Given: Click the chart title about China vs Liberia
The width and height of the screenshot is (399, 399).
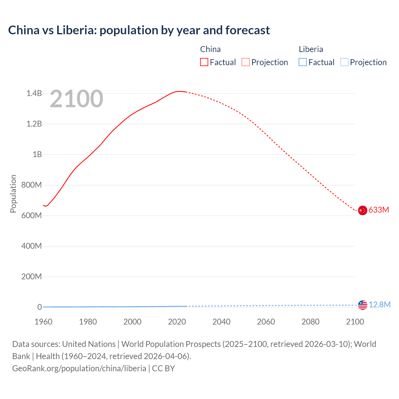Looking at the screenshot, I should (139, 30).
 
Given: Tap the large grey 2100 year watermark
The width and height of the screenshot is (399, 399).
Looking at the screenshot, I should (76, 99).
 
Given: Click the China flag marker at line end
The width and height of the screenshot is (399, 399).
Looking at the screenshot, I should (362, 210).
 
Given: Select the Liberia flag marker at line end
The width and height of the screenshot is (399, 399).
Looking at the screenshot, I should (363, 305).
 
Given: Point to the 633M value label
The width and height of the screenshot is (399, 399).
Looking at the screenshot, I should (379, 210).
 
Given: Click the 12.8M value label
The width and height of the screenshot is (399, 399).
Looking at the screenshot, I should (380, 305).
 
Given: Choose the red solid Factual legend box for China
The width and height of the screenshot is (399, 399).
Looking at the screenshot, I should (204, 62).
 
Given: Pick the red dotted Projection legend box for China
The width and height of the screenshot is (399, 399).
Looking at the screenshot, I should (246, 62).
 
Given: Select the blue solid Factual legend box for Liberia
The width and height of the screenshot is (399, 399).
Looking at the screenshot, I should (303, 62).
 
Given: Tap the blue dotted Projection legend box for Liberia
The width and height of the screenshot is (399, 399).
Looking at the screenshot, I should (344, 62).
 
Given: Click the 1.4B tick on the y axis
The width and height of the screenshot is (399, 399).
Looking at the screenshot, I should (34, 93).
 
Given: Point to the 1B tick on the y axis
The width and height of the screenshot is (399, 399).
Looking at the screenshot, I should (37, 154).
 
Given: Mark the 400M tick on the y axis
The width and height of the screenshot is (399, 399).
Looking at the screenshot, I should (31, 246).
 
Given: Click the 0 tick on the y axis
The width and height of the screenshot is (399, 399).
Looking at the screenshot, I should (40, 307).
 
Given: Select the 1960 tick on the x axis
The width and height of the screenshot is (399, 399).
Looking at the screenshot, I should (43, 322).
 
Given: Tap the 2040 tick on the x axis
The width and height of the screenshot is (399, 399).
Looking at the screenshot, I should (221, 322).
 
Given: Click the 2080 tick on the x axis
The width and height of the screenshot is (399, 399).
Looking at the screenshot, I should (310, 322).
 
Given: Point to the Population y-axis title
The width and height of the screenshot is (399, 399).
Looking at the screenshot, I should (13, 194).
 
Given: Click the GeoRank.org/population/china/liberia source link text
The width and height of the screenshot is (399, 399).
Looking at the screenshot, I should (79, 368).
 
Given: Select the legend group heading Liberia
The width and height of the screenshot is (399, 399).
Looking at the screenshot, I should (311, 49).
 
